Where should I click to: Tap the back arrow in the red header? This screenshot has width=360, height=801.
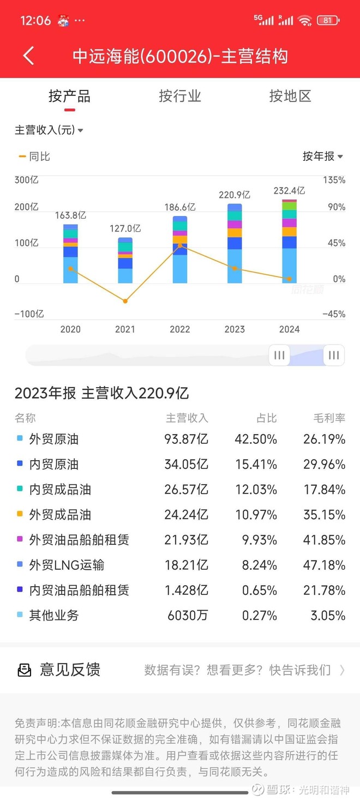[28, 56]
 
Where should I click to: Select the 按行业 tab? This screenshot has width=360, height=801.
[180, 97]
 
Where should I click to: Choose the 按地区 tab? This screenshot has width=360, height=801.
[290, 97]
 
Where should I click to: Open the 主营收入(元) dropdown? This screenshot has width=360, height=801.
[49, 130]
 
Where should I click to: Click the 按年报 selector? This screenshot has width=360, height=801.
[322, 156]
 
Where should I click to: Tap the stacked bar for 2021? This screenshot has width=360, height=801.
[125, 261]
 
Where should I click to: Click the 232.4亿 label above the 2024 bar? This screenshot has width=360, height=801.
[289, 191]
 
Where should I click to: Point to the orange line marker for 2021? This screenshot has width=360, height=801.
[125, 301]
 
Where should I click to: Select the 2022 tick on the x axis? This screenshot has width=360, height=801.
[180, 329]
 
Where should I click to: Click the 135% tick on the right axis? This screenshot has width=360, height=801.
[334, 180]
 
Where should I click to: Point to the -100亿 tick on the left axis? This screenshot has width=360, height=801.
[29, 314]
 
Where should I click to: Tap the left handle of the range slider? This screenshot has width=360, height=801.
[279, 355]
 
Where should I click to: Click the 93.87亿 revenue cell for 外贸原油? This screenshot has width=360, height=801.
[186, 439]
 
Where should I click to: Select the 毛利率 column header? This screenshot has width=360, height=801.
[329, 418]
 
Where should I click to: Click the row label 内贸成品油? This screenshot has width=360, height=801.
[60, 490]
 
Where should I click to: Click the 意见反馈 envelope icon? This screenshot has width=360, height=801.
[25, 670]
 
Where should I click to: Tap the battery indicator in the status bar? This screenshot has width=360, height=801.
[328, 21]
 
